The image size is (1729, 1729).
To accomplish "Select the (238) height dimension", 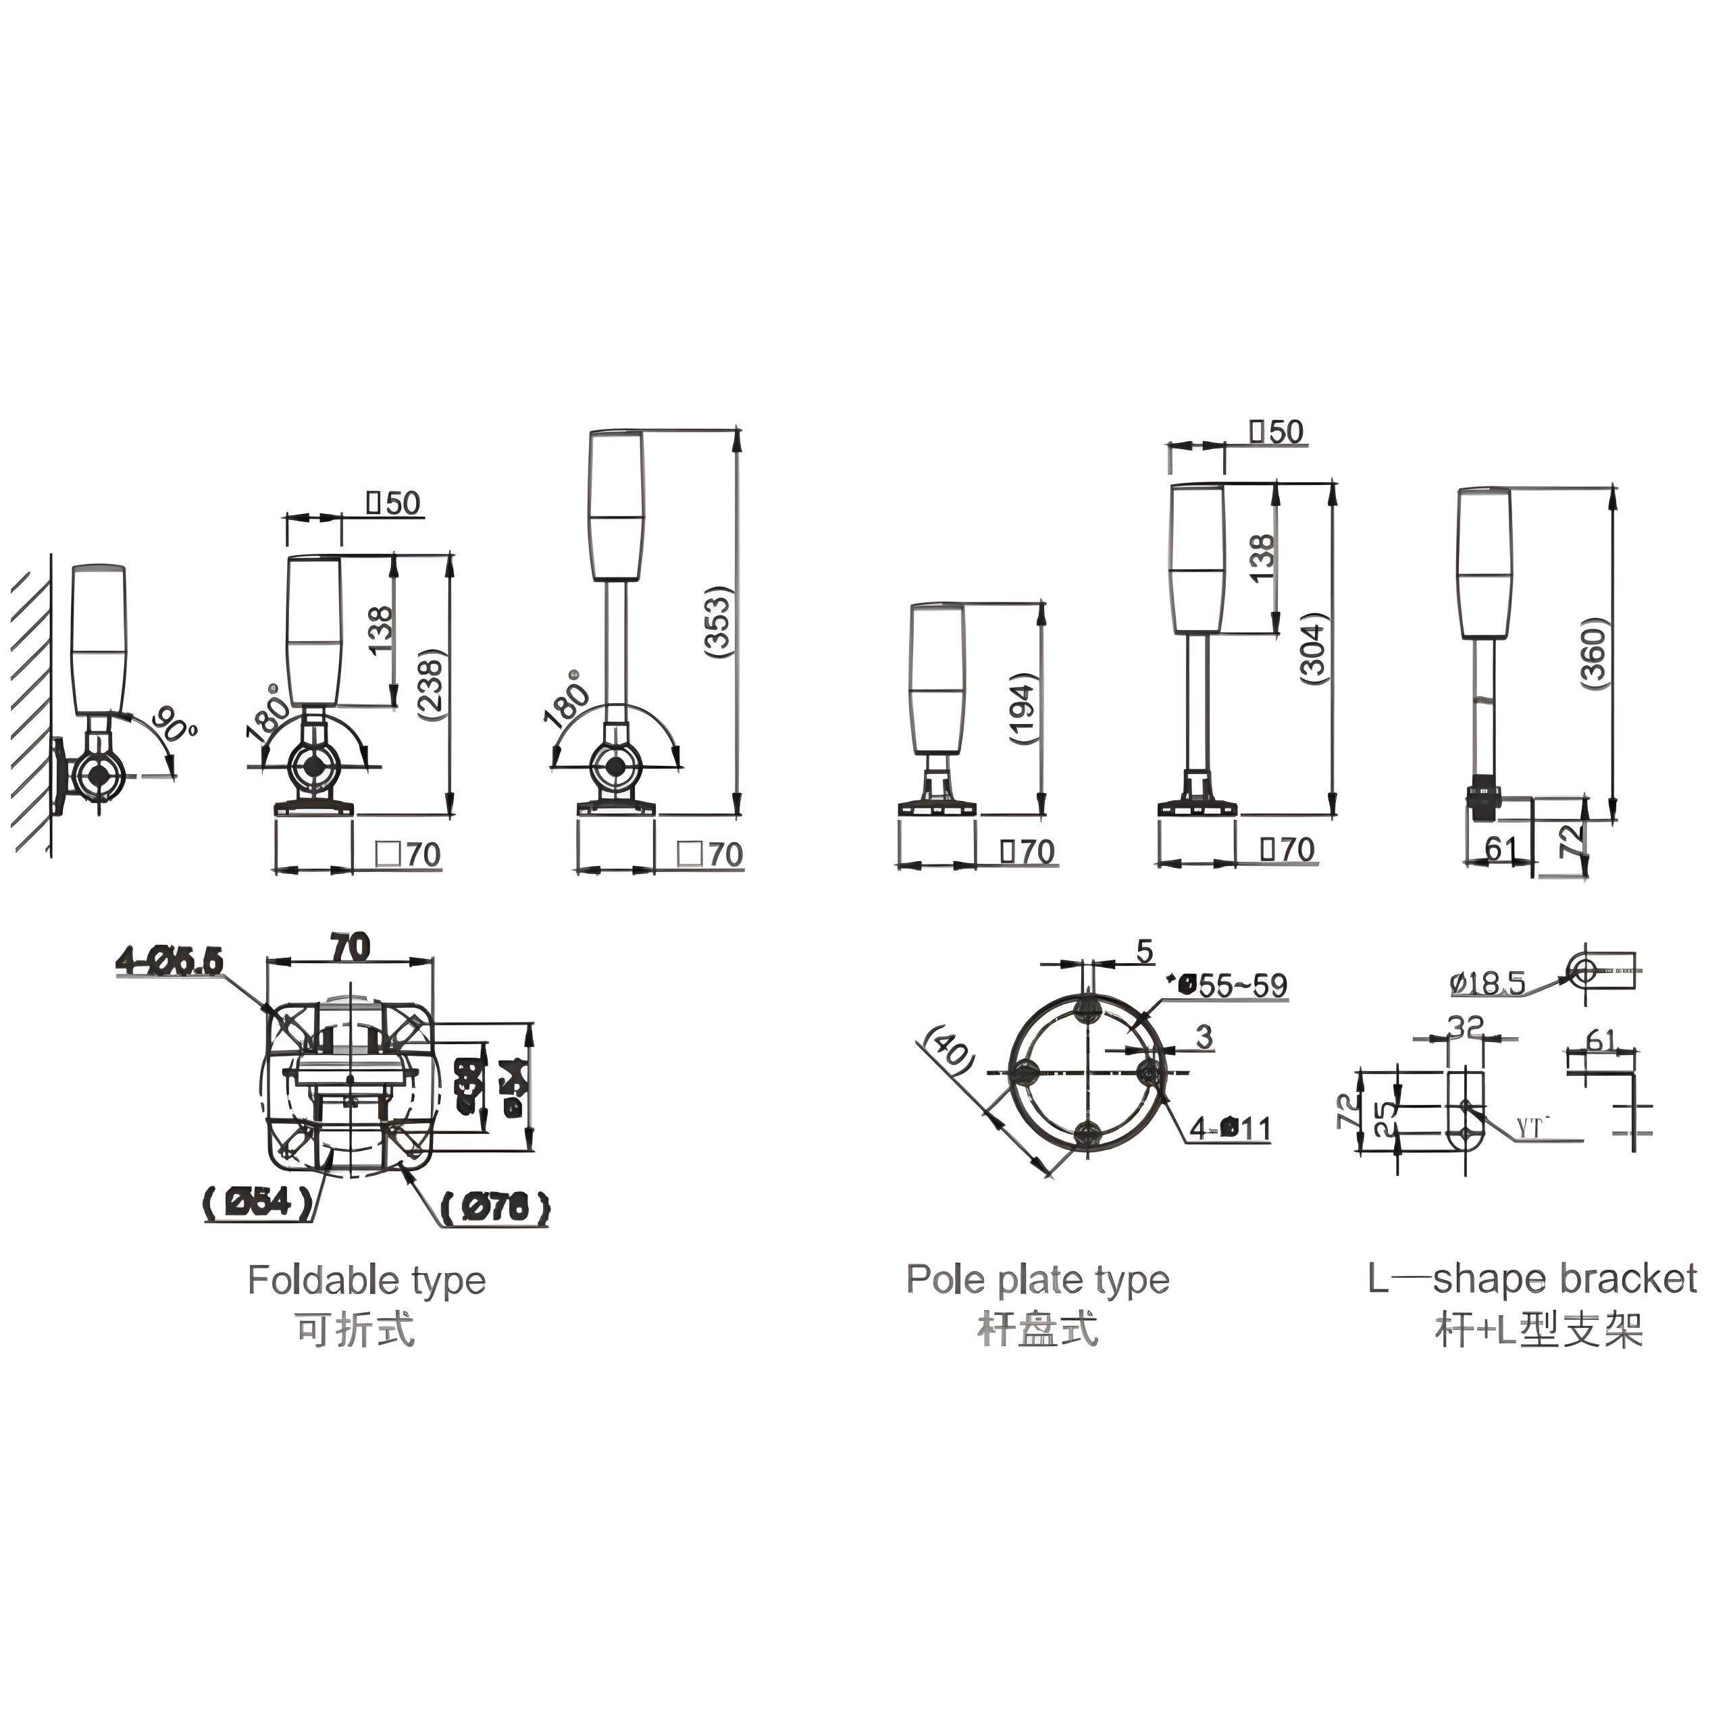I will pyautogui.click(x=433, y=686).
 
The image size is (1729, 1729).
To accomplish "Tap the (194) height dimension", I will pyautogui.click(x=1024, y=710).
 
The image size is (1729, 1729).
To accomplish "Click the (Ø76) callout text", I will pyautogui.click(x=495, y=1208).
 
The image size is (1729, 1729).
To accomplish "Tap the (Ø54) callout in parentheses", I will pyautogui.click(x=259, y=1202).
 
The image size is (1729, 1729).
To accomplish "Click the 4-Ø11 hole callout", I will pyautogui.click(x=1231, y=1129).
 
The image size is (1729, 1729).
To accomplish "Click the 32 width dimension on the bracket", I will pyautogui.click(x=1465, y=1027).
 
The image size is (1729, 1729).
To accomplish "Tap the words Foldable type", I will pyautogui.click(x=367, y=1281).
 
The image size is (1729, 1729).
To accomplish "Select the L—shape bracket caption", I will pyautogui.click(x=1532, y=1279).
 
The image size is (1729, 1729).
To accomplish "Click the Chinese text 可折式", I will pyautogui.click(x=356, y=1330).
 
